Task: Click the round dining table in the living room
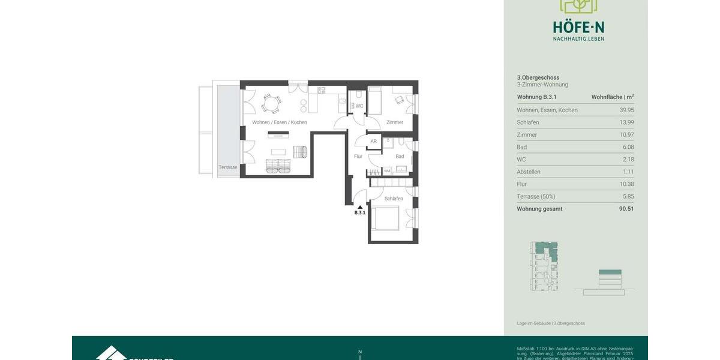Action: (271, 104)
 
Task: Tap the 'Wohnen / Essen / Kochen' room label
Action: (280, 122)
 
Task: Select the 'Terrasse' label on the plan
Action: (227, 167)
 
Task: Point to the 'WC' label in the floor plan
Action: (359, 106)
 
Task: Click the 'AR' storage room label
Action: (373, 142)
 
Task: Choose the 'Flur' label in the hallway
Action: (358, 157)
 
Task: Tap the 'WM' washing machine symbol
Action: (387, 171)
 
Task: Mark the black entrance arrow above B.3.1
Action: (360, 207)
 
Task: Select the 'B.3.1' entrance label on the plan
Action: (360, 213)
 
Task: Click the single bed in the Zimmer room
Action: (375, 101)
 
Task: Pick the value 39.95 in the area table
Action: (626, 110)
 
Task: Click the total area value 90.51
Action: (626, 209)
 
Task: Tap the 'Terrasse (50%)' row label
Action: (536, 196)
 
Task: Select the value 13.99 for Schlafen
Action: (626, 122)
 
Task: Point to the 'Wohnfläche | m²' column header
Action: (613, 97)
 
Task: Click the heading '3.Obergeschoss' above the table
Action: (538, 77)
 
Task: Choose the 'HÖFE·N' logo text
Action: (578, 27)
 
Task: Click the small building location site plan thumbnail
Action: (544, 266)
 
